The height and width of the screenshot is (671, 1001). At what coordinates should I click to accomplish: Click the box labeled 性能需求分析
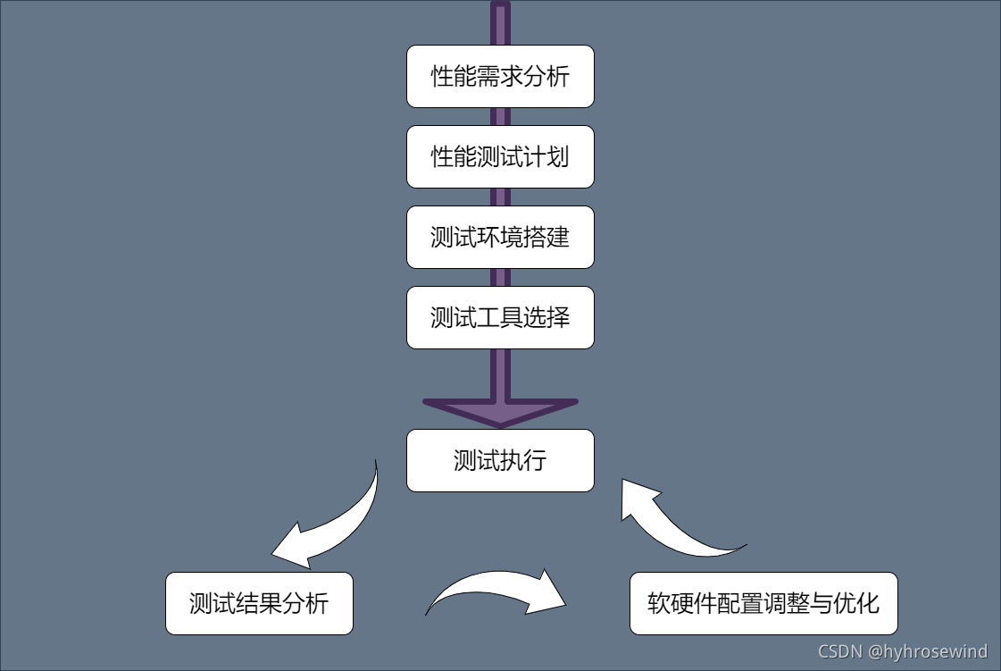(x=500, y=77)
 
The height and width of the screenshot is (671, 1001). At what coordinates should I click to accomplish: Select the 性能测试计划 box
(x=500, y=157)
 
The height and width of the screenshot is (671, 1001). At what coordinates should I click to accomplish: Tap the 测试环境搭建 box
(x=500, y=238)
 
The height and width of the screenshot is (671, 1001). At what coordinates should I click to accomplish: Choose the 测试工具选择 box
(x=500, y=318)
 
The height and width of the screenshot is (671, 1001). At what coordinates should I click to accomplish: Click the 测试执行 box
(x=500, y=461)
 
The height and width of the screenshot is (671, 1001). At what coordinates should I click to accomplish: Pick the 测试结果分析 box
(x=259, y=604)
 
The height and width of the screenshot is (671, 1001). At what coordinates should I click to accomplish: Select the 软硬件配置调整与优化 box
(x=763, y=604)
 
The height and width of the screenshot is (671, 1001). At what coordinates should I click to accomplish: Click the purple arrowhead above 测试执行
(x=500, y=411)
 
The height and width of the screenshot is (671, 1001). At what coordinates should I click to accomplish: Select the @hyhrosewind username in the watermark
(x=928, y=651)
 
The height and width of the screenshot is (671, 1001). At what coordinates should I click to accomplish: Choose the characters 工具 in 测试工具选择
(x=500, y=318)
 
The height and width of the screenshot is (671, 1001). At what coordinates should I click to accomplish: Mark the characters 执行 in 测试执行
(x=523, y=461)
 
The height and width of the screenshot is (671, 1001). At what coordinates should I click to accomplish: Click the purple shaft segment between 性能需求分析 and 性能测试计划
(x=500, y=117)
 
